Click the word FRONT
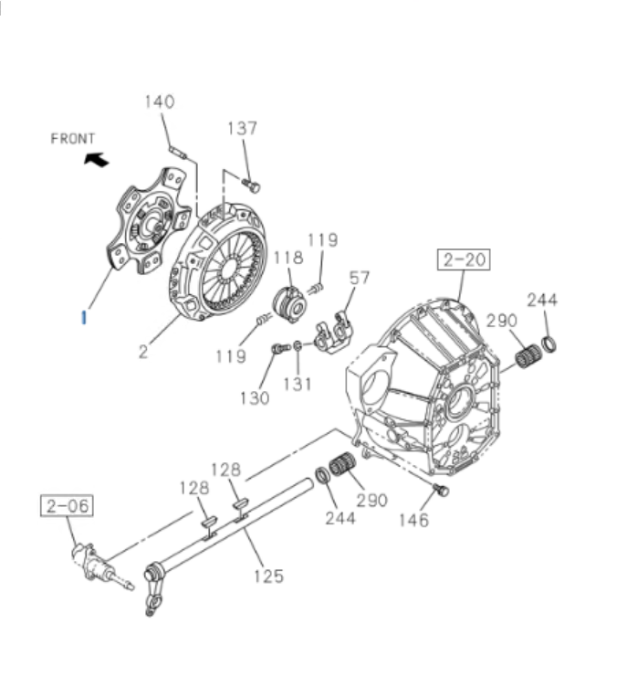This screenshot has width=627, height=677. (73, 139)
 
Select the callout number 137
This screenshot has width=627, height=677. (243, 129)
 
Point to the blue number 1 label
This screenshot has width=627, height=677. (83, 318)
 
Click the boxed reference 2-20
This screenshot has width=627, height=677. (463, 260)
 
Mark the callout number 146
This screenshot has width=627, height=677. (413, 521)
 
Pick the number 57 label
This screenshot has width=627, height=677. (360, 278)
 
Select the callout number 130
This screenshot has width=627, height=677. (256, 397)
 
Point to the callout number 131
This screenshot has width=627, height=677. (298, 385)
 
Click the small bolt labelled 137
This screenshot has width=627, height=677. (254, 186)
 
